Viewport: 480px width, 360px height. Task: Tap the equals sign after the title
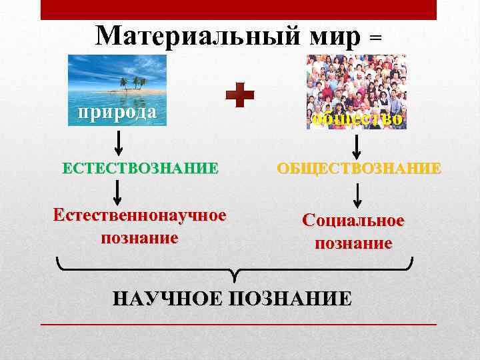375,39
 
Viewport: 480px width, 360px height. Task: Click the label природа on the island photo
117,112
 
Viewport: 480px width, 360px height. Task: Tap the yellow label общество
357,119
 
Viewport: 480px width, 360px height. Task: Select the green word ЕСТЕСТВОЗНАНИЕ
140,167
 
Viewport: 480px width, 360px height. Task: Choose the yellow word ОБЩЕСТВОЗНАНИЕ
359,167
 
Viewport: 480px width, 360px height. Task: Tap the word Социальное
353,221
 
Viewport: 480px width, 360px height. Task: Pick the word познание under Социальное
353,243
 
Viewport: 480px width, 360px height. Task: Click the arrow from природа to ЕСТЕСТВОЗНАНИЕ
118,143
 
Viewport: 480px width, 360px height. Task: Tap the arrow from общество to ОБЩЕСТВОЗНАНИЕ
356,145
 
